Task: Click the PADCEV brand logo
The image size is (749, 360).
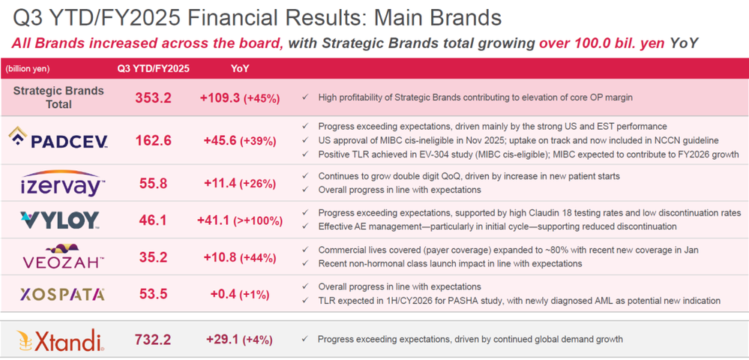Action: click(58, 139)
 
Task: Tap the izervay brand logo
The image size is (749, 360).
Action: click(63, 183)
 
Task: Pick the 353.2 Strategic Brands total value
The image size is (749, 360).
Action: click(153, 97)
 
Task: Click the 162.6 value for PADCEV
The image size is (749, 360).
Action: click(153, 141)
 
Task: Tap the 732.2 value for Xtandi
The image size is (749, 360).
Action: click(153, 340)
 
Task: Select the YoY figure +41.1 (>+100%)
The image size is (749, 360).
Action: click(239, 220)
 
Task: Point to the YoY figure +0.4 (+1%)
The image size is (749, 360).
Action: click(239, 294)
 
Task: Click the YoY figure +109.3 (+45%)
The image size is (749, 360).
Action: click(239, 97)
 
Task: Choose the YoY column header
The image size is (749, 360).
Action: click(240, 68)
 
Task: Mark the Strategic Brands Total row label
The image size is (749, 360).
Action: click(58, 97)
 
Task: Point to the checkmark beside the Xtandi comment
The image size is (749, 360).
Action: click(304, 340)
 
